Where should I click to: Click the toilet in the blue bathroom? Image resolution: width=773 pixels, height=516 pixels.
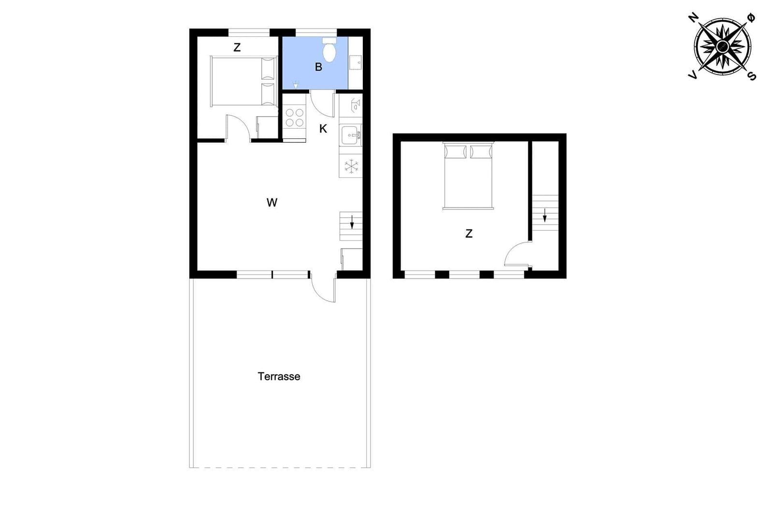329,50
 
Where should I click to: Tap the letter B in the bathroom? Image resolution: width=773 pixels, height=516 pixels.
318,67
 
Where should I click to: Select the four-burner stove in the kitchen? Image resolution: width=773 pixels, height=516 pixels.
294,118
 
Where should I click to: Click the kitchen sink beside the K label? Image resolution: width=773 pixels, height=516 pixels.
351,135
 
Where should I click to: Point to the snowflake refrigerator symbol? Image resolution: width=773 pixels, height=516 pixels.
351,166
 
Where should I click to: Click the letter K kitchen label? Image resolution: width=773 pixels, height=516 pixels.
323,129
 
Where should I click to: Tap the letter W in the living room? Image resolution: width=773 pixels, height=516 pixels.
272,203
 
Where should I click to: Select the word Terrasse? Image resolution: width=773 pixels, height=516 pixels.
279,376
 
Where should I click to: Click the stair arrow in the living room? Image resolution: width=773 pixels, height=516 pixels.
352,222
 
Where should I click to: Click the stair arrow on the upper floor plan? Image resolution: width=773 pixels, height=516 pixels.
544,215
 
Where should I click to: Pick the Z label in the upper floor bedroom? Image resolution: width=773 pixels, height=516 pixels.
469,234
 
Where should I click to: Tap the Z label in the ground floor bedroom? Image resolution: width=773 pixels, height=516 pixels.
237,47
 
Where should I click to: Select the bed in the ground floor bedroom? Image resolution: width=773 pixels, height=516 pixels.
243,81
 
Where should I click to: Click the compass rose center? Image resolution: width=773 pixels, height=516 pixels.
722,46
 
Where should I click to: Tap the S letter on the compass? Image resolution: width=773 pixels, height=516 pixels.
751,76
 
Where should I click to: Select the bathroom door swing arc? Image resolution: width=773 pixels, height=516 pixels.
322,103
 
